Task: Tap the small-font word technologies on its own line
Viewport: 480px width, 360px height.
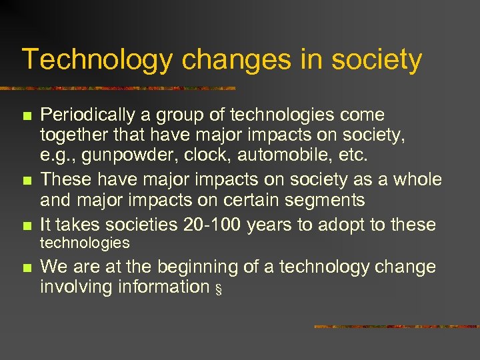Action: click(x=85, y=243)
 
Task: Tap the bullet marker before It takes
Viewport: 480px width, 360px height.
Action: click(x=27, y=226)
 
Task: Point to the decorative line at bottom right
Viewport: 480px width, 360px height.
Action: click(x=396, y=327)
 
